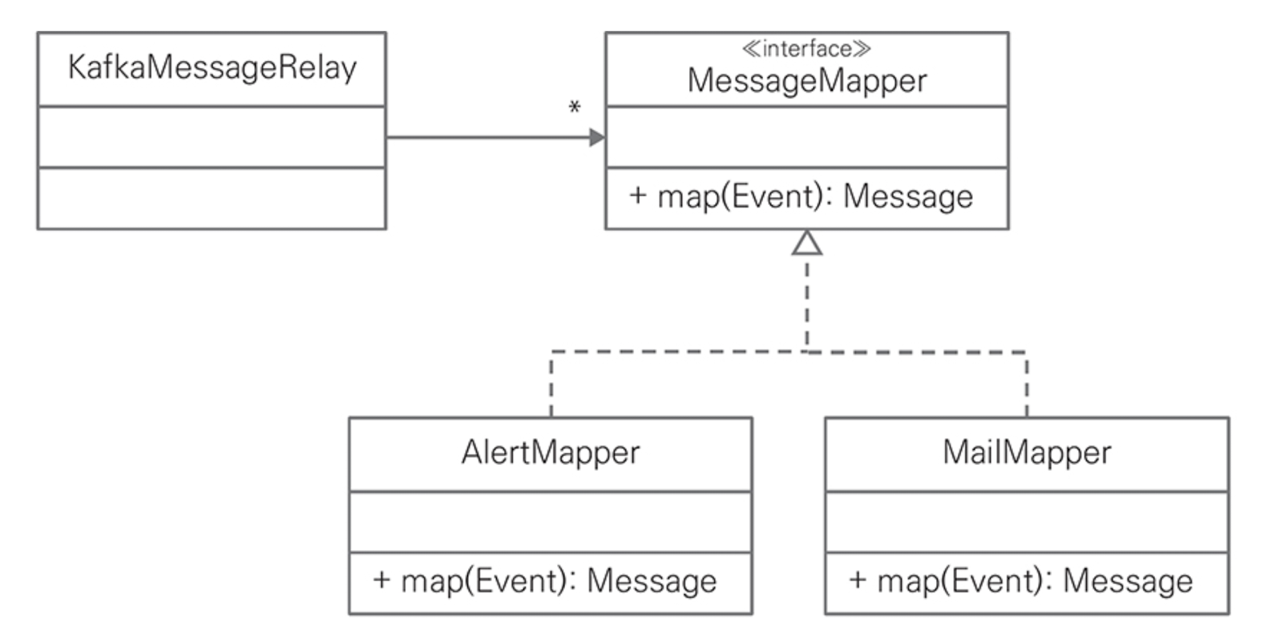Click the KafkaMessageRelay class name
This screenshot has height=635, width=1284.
212,67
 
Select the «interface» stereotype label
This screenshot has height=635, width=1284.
806,50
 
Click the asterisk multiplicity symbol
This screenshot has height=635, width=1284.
575,107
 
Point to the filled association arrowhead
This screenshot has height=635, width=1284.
597,138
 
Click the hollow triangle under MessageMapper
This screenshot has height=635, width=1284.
807,243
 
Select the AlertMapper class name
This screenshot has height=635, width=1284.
551,452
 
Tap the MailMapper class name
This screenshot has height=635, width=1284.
1028,452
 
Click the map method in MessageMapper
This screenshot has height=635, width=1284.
801,196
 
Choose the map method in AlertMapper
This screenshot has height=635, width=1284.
544,581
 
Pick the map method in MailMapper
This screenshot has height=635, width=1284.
1021,581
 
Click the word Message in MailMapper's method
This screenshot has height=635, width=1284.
1128,581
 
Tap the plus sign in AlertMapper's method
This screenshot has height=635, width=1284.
382,580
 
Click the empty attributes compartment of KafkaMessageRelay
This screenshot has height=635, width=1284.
212,137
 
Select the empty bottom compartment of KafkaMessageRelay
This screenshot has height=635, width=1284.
212,199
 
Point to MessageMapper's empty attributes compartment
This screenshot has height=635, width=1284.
807,137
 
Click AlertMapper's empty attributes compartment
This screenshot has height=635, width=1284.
551,523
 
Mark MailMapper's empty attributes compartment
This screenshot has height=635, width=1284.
1028,523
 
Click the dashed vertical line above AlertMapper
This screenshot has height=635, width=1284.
551,384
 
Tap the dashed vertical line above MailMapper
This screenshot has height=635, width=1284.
1028,384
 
